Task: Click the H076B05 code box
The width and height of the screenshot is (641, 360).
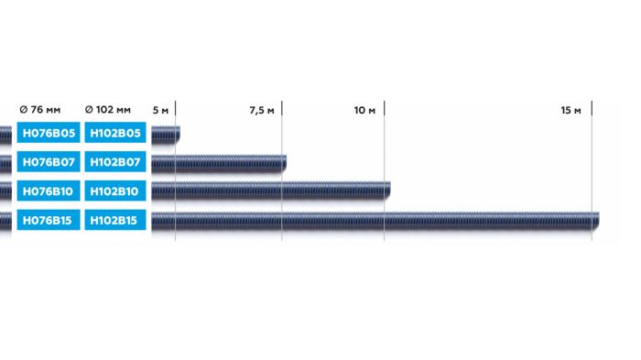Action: click(x=49, y=134)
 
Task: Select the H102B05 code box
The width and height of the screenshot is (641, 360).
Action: click(x=115, y=134)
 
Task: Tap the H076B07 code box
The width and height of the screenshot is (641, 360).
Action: click(x=49, y=163)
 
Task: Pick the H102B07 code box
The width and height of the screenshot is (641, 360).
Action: click(x=115, y=163)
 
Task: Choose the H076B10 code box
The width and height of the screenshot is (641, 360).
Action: click(x=49, y=191)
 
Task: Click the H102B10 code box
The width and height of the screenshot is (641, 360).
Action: click(x=115, y=191)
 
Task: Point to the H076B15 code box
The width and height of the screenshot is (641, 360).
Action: click(x=49, y=221)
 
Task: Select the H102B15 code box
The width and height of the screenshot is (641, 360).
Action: click(x=115, y=221)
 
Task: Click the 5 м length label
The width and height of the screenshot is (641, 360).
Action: click(x=161, y=111)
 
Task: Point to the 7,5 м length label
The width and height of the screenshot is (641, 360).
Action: click(x=262, y=111)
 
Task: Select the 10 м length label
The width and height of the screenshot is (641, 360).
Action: click(x=365, y=111)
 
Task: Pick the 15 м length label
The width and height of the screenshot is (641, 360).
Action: click(x=571, y=111)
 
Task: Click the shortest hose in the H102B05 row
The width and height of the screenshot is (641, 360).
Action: click(x=166, y=135)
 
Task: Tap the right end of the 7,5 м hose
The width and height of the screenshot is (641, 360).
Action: click(x=284, y=163)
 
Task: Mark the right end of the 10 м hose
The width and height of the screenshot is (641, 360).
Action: click(x=387, y=191)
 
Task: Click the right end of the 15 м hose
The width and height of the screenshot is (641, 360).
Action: click(x=597, y=221)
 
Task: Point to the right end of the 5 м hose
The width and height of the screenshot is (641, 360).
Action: click(x=179, y=135)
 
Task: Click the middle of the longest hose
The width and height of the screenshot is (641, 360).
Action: click(x=375, y=221)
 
